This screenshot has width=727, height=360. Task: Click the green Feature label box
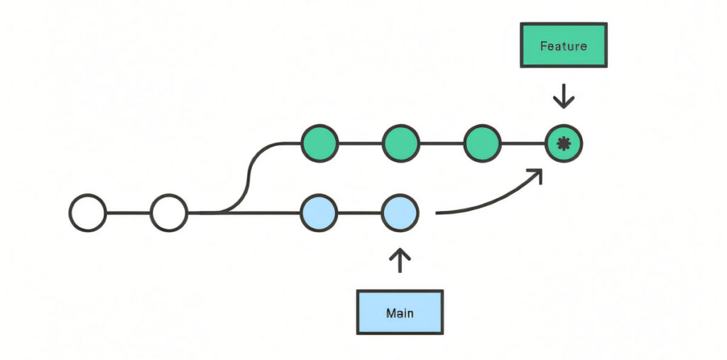tap(563, 45)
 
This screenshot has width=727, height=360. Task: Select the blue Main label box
tap(400, 312)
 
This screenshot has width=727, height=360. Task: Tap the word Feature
tap(563, 46)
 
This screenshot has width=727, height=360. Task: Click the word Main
tap(400, 312)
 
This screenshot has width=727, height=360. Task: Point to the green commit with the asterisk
tap(564, 144)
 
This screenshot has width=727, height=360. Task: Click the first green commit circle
tap(320, 143)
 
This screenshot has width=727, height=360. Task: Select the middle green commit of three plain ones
tap(401, 143)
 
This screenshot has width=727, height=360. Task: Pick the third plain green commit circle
tap(483, 143)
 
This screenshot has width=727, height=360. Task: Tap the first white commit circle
tap(88, 212)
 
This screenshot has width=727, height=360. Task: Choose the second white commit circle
tap(169, 212)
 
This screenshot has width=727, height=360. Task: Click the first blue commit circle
tap(319, 212)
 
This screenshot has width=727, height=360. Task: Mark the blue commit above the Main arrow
tap(400, 212)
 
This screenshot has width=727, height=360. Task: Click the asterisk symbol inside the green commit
tap(564, 144)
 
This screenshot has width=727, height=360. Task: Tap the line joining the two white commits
tap(129, 212)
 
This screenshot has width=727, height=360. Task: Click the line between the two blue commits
tap(359, 212)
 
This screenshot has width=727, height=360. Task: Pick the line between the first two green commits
tap(361, 143)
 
